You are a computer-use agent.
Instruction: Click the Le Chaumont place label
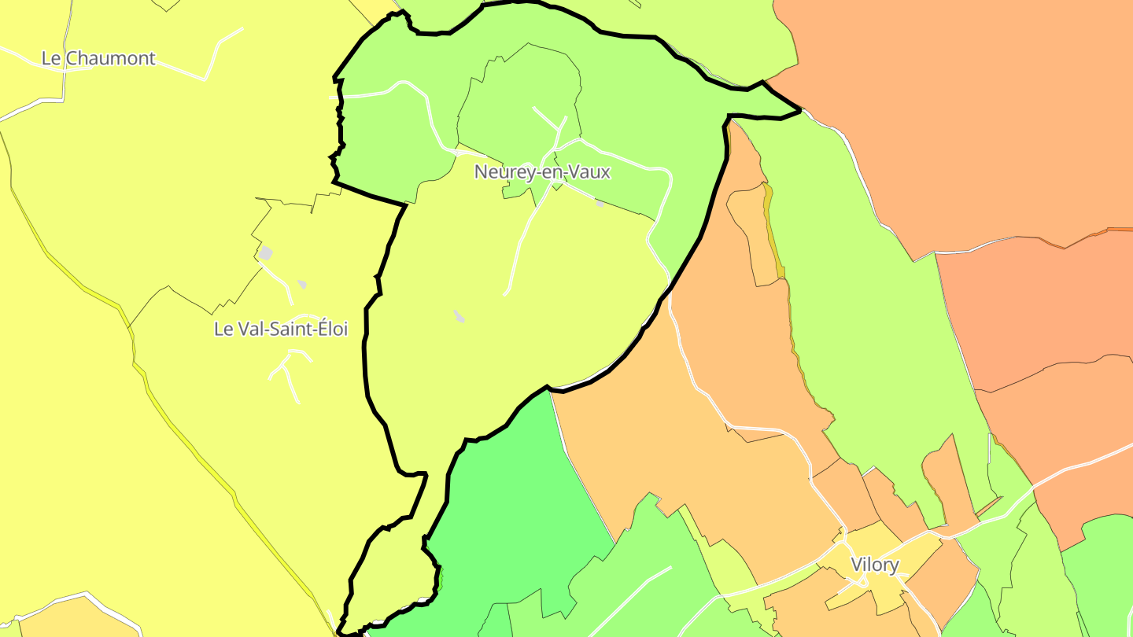(x=98, y=58)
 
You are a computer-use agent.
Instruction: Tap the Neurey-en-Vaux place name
(x=542, y=171)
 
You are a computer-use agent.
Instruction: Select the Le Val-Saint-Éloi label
(x=280, y=329)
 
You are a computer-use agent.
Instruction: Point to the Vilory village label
(x=874, y=565)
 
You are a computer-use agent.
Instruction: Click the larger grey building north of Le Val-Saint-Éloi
(x=266, y=253)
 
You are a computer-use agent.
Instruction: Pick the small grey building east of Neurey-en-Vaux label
(x=600, y=204)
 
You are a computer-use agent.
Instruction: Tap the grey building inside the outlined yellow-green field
(x=459, y=316)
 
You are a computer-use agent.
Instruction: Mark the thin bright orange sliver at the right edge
(x=1117, y=230)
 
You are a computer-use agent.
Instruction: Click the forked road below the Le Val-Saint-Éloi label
(x=288, y=374)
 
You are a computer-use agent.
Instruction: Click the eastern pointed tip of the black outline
(x=799, y=110)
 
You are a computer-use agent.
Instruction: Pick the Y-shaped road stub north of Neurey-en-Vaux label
(x=551, y=122)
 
